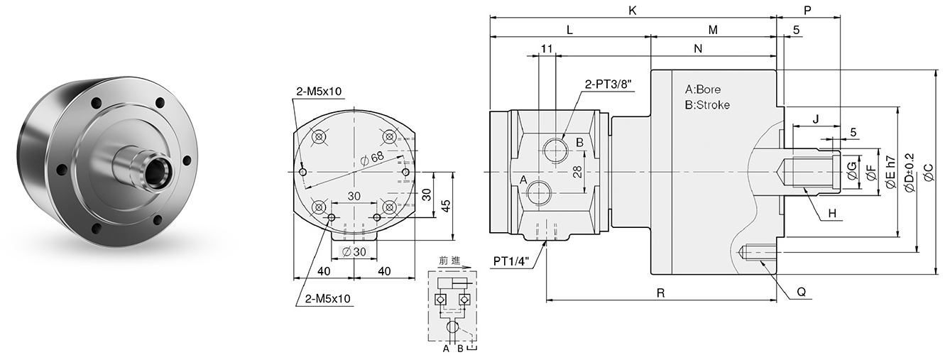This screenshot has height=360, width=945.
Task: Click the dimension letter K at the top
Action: point(633,11)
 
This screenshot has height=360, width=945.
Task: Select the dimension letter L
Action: point(569,30)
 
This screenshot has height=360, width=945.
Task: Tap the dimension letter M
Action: point(713,30)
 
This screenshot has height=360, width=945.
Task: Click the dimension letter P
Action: point(807,11)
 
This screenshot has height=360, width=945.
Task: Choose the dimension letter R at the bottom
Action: point(660,292)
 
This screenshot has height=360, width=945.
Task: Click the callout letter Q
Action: point(801,291)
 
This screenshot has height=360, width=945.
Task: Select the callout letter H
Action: point(831,212)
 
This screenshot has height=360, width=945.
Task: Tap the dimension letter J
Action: point(816,119)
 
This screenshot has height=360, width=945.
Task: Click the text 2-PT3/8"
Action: point(608,84)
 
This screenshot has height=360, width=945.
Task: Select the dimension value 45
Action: point(446,205)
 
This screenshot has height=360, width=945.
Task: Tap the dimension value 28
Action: point(577,171)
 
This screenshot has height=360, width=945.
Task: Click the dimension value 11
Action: point(546,48)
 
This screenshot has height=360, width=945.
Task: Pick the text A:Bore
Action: point(702,90)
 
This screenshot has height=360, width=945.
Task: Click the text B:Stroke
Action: point(706,105)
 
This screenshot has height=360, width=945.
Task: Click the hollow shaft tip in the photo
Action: point(157,170)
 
